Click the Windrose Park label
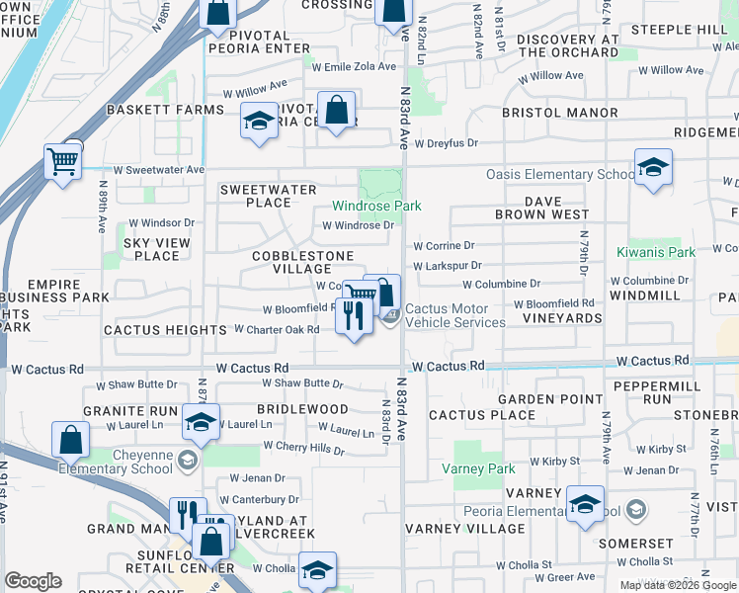pos(376,206)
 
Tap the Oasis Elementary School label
pos(560,175)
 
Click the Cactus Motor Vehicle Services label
pos(455,315)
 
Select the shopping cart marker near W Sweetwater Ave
pos(63,161)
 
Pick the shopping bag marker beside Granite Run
pos(71,440)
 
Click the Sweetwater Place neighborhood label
pos(268,196)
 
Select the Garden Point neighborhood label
pos(550,399)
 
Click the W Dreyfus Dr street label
pos(446,143)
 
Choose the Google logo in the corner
pos(33,581)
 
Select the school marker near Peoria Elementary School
pos(586,504)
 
